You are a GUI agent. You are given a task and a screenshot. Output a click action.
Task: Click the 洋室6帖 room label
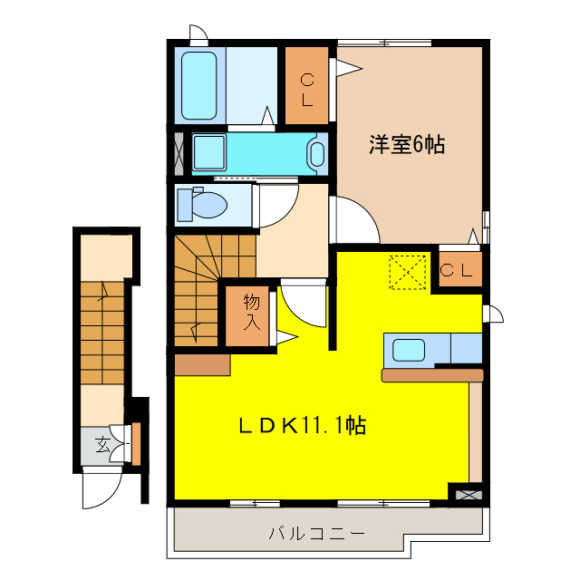coord(406,144)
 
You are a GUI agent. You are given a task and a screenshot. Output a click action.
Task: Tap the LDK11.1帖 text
coord(303,425)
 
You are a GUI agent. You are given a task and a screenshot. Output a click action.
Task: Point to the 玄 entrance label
coord(102,445)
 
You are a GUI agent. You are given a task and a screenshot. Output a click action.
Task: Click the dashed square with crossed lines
coord(407,272)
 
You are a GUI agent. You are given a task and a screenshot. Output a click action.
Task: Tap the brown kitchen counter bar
coord(432,374)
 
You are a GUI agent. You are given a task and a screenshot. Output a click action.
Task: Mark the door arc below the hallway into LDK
coord(304,304)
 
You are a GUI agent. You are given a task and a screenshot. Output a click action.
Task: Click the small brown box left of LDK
coord(201,364)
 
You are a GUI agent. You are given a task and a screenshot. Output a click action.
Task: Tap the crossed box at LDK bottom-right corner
coord(468,495)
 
